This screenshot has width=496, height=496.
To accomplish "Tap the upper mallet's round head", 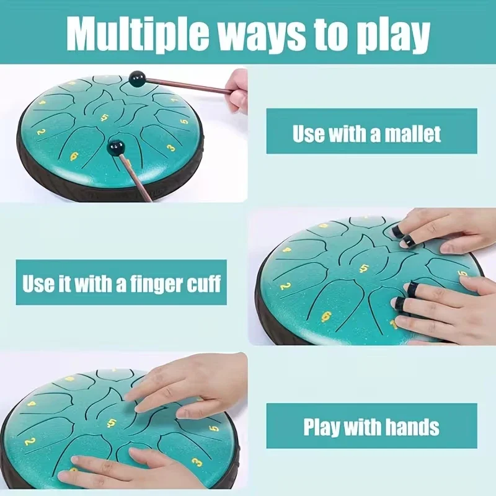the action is [137, 77].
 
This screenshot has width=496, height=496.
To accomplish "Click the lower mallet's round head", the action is [116, 148].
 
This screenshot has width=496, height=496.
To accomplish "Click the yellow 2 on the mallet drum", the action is [40, 131].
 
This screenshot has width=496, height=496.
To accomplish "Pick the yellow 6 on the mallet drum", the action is [74, 156].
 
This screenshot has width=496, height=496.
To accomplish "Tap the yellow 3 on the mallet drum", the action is [170, 148].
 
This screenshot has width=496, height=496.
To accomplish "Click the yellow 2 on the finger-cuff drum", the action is [285, 286].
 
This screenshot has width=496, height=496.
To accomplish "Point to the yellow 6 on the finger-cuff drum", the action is [326, 316].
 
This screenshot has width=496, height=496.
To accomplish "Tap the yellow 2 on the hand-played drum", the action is [29, 441].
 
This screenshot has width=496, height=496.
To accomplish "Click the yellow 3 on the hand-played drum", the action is [197, 462].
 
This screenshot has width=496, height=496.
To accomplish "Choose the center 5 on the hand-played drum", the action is [112, 422].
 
